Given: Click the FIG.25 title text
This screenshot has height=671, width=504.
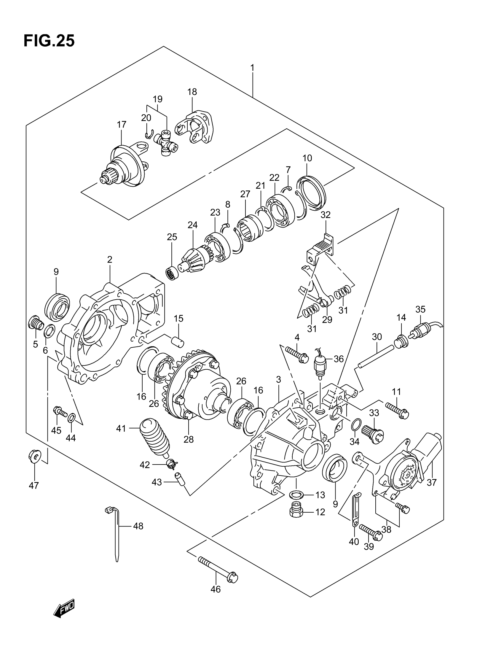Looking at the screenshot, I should pyautogui.click(x=49, y=41).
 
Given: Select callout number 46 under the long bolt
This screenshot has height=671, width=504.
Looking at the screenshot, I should pyautogui.click(x=215, y=589).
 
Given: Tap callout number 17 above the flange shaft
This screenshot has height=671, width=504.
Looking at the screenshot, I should pyautogui.click(x=121, y=124).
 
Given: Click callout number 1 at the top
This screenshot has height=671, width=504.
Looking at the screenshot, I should pyautogui.click(x=252, y=67).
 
